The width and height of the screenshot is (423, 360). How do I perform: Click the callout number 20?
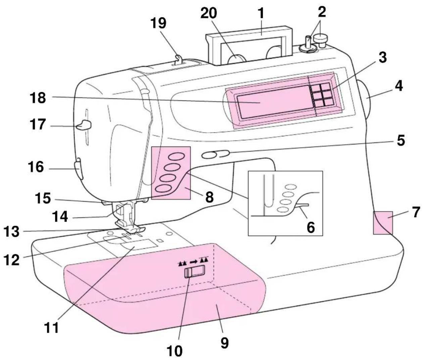click(x=209, y=13)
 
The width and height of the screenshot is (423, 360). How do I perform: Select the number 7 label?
click(x=415, y=212)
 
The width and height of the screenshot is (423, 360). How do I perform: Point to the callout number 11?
click(x=52, y=327)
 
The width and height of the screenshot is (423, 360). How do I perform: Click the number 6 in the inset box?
click(x=311, y=227)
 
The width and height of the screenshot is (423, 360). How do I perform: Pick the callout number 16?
click(x=36, y=167)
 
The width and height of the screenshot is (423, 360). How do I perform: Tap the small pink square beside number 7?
click(x=383, y=223)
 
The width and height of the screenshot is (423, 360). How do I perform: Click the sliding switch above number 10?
click(x=194, y=271)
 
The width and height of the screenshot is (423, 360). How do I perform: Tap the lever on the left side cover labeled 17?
click(x=84, y=125)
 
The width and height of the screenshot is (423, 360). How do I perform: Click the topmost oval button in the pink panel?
click(x=176, y=156)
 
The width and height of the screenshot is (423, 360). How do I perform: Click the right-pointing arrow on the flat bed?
click(x=194, y=262)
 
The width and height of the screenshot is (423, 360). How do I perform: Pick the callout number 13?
click(x=12, y=232)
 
